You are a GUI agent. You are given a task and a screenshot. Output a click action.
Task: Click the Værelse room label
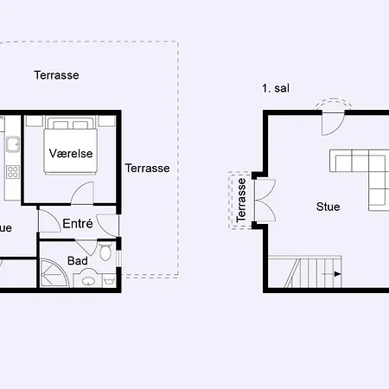click(x=71, y=153)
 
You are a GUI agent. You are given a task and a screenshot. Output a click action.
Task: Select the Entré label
click(x=78, y=223)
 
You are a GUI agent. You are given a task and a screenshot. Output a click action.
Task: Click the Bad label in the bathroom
click(x=77, y=260)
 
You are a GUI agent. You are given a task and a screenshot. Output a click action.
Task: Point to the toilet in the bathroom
click(x=105, y=252)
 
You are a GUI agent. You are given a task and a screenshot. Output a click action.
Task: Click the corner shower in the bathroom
click(x=51, y=274)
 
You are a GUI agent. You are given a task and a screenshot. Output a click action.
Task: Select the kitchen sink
click(x=13, y=143)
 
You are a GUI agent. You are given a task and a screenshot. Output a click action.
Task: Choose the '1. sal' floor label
click(x=275, y=89)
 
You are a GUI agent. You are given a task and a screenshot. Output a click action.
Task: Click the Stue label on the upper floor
click(x=328, y=207)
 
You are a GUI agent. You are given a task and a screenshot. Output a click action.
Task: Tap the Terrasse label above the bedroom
click(x=57, y=75)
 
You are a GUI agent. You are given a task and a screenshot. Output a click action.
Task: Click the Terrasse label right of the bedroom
click(x=147, y=169)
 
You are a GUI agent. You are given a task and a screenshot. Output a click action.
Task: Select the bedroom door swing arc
click(x=82, y=191)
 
